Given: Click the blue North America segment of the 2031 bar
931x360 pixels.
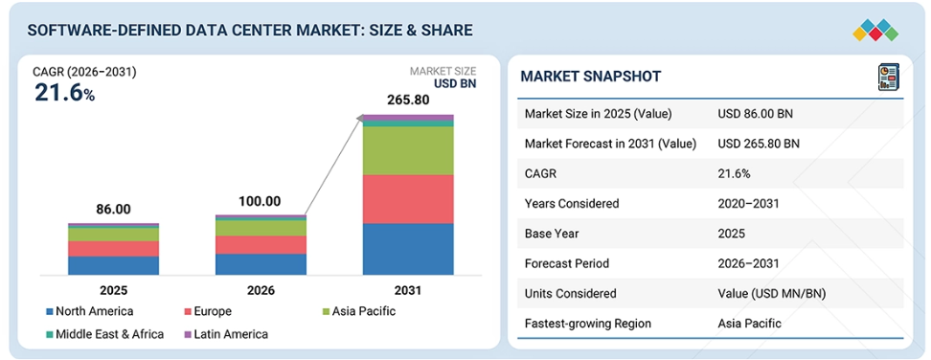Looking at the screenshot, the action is coord(408,249).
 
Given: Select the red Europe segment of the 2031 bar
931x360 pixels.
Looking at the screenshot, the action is coord(408,199).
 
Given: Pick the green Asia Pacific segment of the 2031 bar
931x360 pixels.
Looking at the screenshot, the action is coord(408,150).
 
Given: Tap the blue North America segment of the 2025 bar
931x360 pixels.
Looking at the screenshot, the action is coord(113,266).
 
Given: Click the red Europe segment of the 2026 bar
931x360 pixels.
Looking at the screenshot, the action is coord(261,245).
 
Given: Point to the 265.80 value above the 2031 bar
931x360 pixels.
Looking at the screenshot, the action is coord(408,101).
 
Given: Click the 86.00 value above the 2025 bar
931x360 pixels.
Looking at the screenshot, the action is coord(113,210).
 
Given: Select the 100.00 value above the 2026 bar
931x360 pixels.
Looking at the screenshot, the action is coord(261,202).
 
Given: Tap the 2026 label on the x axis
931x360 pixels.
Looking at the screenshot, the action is coord(261,291).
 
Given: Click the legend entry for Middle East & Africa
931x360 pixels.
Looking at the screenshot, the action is coord(104,334).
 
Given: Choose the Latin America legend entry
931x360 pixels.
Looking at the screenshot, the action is coord(226,334).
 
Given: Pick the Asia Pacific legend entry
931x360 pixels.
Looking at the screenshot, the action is coord(357,311).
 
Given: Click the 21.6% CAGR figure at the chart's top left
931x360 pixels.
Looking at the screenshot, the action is coord(64,93).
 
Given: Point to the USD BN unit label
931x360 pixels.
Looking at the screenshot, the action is coord(454,84).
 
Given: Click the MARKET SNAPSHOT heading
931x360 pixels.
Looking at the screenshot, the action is coord(591,77).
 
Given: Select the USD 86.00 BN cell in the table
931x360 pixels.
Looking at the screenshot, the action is coord(755,114).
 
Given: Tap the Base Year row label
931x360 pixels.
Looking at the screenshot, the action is coord(551,234).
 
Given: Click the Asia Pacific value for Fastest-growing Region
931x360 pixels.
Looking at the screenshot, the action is coord(749,324).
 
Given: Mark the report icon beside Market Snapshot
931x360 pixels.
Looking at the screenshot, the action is coord(888,78).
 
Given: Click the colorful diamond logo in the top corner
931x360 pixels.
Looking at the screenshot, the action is coord(875,31).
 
